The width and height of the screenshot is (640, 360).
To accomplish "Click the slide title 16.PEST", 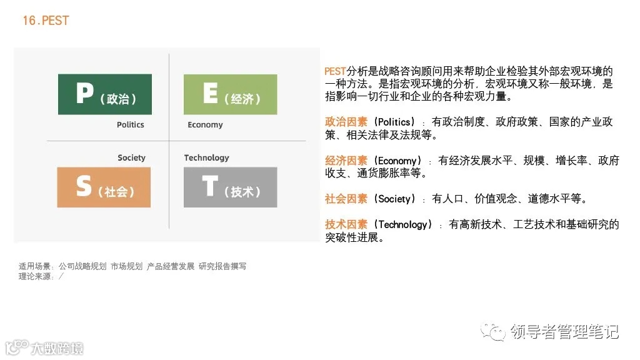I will click(46, 21).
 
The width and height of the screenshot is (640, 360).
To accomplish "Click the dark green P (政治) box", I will click(104, 94).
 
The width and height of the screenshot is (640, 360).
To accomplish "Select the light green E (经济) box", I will click(230, 94).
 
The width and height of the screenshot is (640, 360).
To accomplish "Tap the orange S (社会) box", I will click(104, 187).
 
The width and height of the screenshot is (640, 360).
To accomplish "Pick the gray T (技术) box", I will click(230, 187).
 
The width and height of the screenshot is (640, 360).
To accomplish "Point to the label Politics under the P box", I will click(130, 125).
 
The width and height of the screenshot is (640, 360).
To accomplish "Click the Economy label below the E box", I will click(205, 125).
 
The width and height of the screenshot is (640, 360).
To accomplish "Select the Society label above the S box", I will click(131, 158).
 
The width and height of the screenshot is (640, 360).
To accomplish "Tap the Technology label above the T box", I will click(206, 158).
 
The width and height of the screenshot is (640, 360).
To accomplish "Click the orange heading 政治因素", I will click(346, 122).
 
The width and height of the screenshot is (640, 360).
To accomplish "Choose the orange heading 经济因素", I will click(346, 161).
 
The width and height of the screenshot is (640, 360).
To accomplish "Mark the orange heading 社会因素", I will click(346, 199).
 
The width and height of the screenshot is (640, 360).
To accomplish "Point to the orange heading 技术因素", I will click(346, 224).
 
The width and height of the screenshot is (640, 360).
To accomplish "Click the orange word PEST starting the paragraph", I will click(335, 71).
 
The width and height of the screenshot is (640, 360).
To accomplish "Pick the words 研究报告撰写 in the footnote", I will click(222, 266).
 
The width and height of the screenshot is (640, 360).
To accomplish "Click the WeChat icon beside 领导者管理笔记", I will click(496, 331).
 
